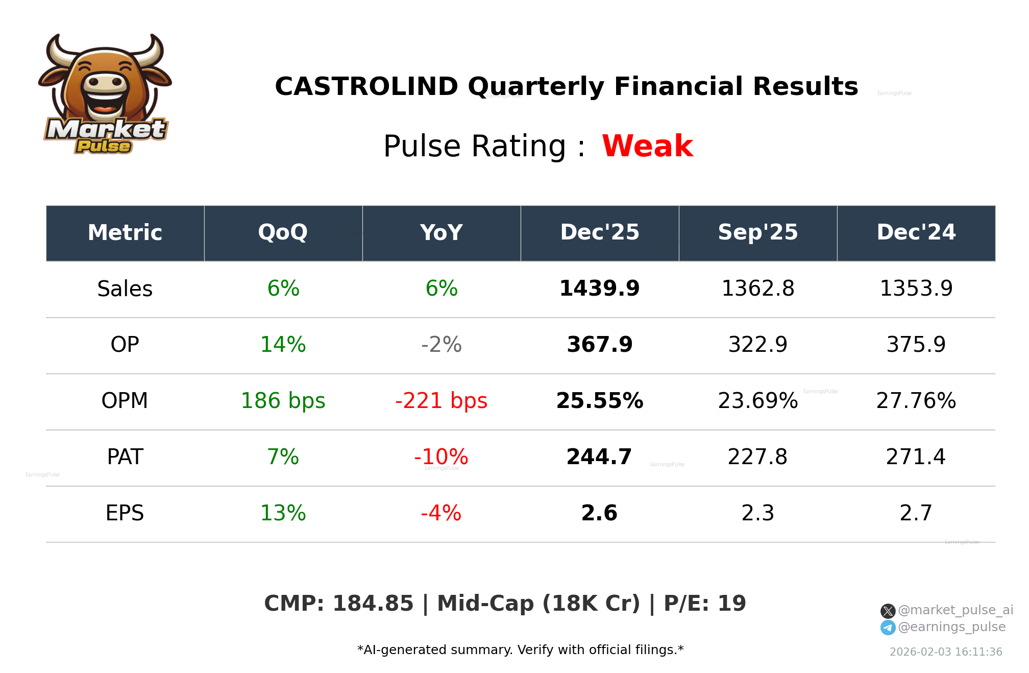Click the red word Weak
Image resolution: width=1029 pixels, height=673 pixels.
pyautogui.click(x=647, y=146)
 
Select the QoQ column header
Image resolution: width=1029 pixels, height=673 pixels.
pyautogui.click(x=283, y=233)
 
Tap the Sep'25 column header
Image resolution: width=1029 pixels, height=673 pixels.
pyautogui.click(x=757, y=233)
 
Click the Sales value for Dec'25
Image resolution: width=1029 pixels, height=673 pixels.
pyautogui.click(x=599, y=289)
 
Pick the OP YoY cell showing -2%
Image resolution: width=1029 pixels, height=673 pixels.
pyautogui.click(x=441, y=345)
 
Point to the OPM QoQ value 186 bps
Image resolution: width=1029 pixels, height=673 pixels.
pyautogui.click(x=283, y=401)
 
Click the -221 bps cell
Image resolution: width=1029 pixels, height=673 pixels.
pyautogui.click(x=441, y=401)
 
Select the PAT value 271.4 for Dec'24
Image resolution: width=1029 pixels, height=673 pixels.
pyautogui.click(x=916, y=457)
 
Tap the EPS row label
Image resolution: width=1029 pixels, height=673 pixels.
pyautogui.click(x=125, y=513)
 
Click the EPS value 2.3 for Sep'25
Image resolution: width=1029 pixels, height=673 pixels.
pyautogui.click(x=757, y=513)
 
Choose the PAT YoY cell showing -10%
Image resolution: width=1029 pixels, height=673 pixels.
pyautogui.click(x=441, y=457)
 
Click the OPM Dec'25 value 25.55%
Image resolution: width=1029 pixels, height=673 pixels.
pyautogui.click(x=599, y=401)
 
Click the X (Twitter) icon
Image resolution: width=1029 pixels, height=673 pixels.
pyautogui.click(x=888, y=611)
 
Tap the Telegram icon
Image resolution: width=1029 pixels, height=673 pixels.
pyautogui.click(x=888, y=628)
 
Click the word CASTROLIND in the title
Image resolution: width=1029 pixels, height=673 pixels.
pyautogui.click(x=366, y=86)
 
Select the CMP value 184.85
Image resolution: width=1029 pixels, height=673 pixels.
pyautogui.click(x=373, y=604)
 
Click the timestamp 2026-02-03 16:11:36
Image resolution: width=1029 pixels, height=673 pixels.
pyautogui.click(x=945, y=652)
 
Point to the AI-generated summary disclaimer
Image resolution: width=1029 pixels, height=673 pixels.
pyautogui.click(x=520, y=650)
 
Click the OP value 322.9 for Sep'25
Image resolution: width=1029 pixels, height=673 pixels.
pyautogui.click(x=757, y=345)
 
